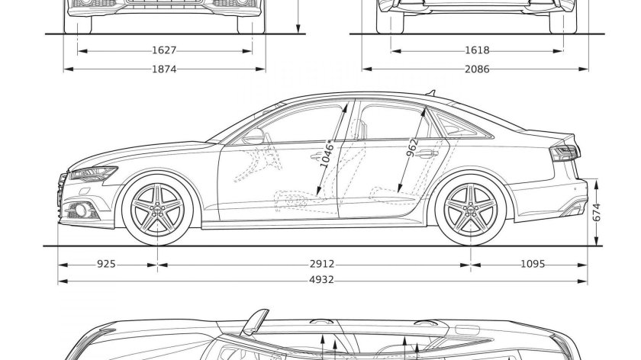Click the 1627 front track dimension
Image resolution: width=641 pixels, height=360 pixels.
click(164, 51)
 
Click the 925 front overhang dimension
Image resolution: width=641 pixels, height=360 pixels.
click(106, 264)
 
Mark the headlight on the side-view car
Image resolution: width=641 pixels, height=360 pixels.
click(92, 175)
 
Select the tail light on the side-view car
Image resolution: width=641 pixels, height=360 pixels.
click(565, 153)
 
